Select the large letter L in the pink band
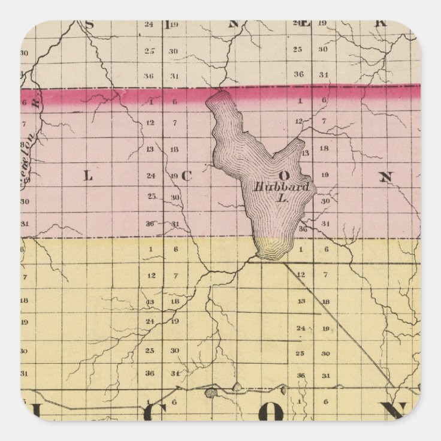click(87, 176)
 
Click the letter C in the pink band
click(185, 176)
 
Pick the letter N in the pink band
click(386, 177)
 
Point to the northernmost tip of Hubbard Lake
click(218, 92)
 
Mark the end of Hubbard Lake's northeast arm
click(300, 143)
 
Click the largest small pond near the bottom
click(211, 393)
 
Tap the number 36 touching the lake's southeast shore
click(303, 229)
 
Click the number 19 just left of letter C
click(173, 176)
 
